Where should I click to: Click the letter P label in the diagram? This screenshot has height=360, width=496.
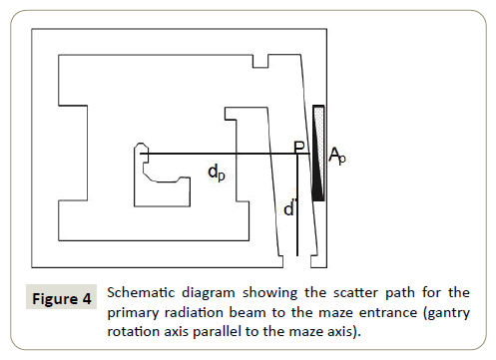pos(299,147)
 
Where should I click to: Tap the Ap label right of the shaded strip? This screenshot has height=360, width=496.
pos(337,156)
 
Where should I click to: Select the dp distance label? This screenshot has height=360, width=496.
pos(217,173)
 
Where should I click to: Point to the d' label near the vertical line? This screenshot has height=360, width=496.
pos(289,209)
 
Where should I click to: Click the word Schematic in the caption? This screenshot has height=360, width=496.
pos(141,292)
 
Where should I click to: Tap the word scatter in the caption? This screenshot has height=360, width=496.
pos(355,292)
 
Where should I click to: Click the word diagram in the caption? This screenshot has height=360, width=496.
pos(209,293)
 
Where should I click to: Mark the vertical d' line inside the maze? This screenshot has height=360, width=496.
pos(297,204)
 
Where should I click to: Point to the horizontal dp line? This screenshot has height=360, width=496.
pos(225,154)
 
